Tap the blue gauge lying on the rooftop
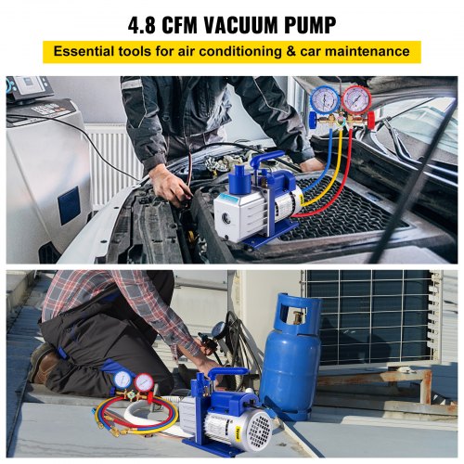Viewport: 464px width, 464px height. tap(122, 380)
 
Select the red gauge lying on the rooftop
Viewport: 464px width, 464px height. tap(144, 382)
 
